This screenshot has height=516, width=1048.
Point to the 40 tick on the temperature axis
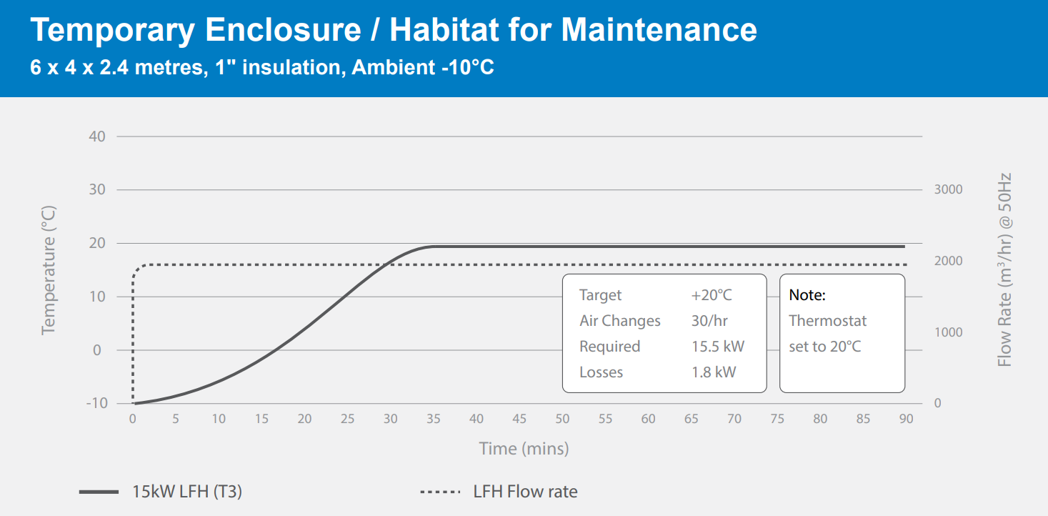(96, 137)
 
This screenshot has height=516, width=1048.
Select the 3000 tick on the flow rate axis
(948, 189)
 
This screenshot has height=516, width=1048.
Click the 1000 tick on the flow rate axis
(948, 332)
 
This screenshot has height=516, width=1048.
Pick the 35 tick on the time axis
(434, 419)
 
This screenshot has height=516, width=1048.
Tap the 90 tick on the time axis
(906, 419)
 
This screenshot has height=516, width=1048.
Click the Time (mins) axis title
(524, 449)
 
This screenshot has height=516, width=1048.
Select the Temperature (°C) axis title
(49, 269)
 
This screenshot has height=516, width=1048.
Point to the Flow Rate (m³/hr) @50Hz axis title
(1005, 269)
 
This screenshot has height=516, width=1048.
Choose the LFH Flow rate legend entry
(525, 492)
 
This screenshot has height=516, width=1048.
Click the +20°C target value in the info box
(711, 295)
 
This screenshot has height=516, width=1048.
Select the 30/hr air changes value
(709, 321)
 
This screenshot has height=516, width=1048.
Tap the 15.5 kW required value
(717, 347)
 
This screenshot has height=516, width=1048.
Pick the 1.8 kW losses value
(713, 372)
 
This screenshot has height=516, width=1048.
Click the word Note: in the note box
(807, 295)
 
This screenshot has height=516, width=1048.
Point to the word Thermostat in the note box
(827, 321)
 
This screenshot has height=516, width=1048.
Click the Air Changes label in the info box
(619, 321)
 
